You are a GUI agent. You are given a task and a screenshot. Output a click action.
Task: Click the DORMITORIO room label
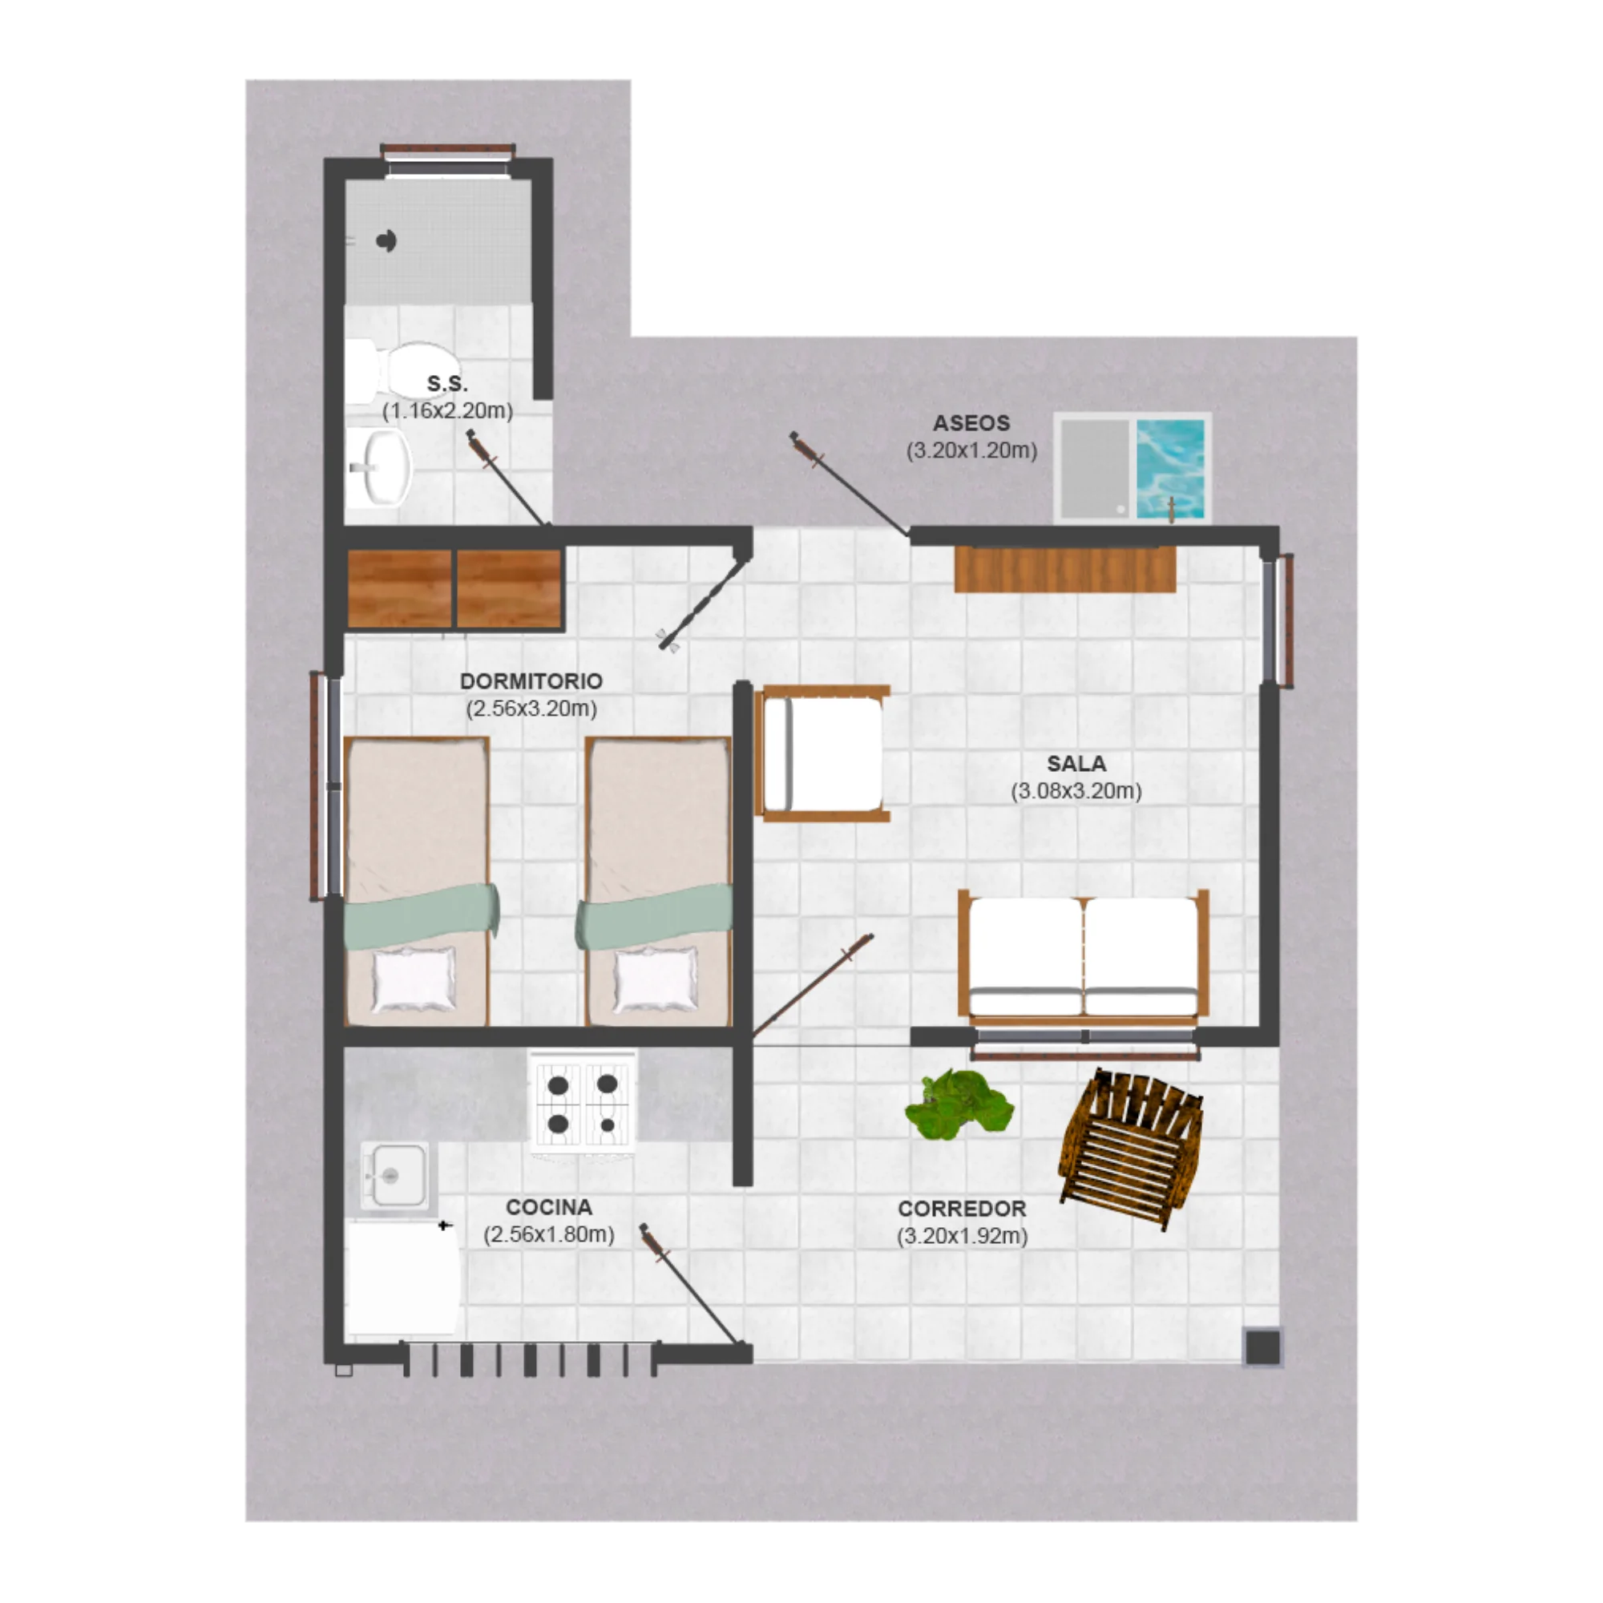pyautogui.click(x=531, y=681)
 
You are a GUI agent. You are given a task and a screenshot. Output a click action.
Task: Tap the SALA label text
pyautogui.click(x=1076, y=763)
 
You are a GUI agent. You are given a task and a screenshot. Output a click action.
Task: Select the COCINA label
pyautogui.click(x=549, y=1207)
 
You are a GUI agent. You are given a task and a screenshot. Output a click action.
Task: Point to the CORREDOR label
pyautogui.click(x=963, y=1209)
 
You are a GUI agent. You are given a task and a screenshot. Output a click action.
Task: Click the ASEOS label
pyautogui.click(x=971, y=423)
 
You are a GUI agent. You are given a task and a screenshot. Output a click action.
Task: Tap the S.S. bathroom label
pyautogui.click(x=447, y=383)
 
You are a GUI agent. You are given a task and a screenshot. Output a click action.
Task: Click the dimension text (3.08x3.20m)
pyautogui.click(x=1076, y=791)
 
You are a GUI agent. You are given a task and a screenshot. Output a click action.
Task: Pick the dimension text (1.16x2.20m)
pyautogui.click(x=447, y=410)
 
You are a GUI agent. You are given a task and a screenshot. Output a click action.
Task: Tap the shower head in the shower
pyautogui.click(x=386, y=241)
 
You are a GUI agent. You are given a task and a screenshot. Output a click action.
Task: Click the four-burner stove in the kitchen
pyautogui.click(x=583, y=1104)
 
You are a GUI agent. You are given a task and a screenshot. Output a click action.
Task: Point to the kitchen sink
pyautogui.click(x=394, y=1176)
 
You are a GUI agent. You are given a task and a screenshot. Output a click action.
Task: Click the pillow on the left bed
pyautogui.click(x=414, y=980)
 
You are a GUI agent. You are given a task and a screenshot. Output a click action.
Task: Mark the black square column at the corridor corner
pyautogui.click(x=1263, y=1347)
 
